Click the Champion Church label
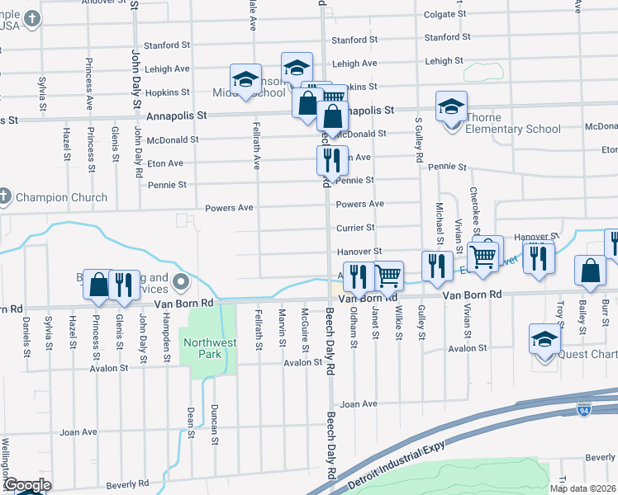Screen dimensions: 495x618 [60, 198]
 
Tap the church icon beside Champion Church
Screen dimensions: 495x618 [4, 197]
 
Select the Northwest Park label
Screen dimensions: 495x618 [210, 348]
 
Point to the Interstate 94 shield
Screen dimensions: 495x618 [583, 408]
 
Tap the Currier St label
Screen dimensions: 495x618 [355, 228]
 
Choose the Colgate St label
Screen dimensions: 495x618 [447, 14]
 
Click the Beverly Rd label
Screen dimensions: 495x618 [126, 483]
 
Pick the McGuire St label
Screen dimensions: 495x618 [305, 329]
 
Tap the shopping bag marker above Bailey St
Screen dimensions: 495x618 [590, 271]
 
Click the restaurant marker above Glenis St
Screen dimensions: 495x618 [123, 285]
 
